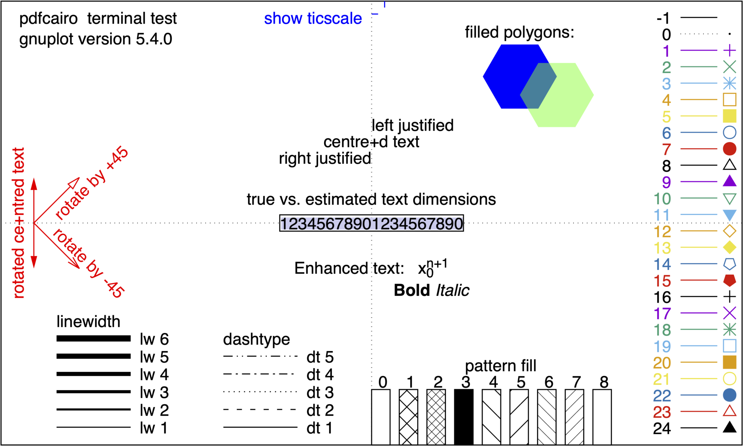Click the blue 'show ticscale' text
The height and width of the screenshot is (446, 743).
coord(313,19)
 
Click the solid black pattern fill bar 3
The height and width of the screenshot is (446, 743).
coord(464,417)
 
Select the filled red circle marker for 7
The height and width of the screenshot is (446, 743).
coord(729,149)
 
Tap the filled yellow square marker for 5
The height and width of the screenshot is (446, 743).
coord(729,116)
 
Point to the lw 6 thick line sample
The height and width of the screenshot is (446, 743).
coord(94,339)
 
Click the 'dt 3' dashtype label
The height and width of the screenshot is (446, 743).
coord(320,393)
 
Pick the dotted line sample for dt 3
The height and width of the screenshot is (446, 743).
coord(260,392)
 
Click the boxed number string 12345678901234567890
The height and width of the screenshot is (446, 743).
coord(371,224)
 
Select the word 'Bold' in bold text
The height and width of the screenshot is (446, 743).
coord(412,290)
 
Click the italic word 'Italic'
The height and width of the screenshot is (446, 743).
coord(452,290)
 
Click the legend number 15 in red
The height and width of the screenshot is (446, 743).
coord(662,281)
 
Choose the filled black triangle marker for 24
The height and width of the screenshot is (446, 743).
coord(729,428)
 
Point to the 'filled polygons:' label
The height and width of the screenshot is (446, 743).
coord(520,32)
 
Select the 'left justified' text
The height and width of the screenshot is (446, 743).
coord(413,126)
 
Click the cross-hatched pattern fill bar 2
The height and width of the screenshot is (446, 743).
coord(436,417)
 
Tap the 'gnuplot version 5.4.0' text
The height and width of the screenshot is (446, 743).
coord(95,39)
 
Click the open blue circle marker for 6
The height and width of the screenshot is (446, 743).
coord(729,132)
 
